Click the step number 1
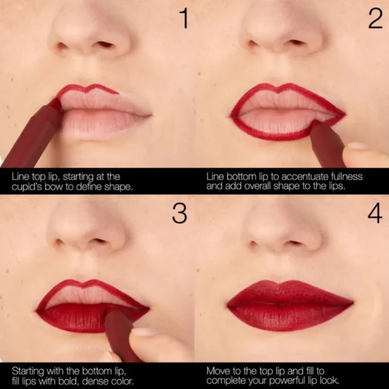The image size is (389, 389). (183, 19)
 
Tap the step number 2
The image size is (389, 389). (375, 19)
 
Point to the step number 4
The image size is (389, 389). (375, 213)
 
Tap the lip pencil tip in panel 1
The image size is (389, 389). (56, 104)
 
